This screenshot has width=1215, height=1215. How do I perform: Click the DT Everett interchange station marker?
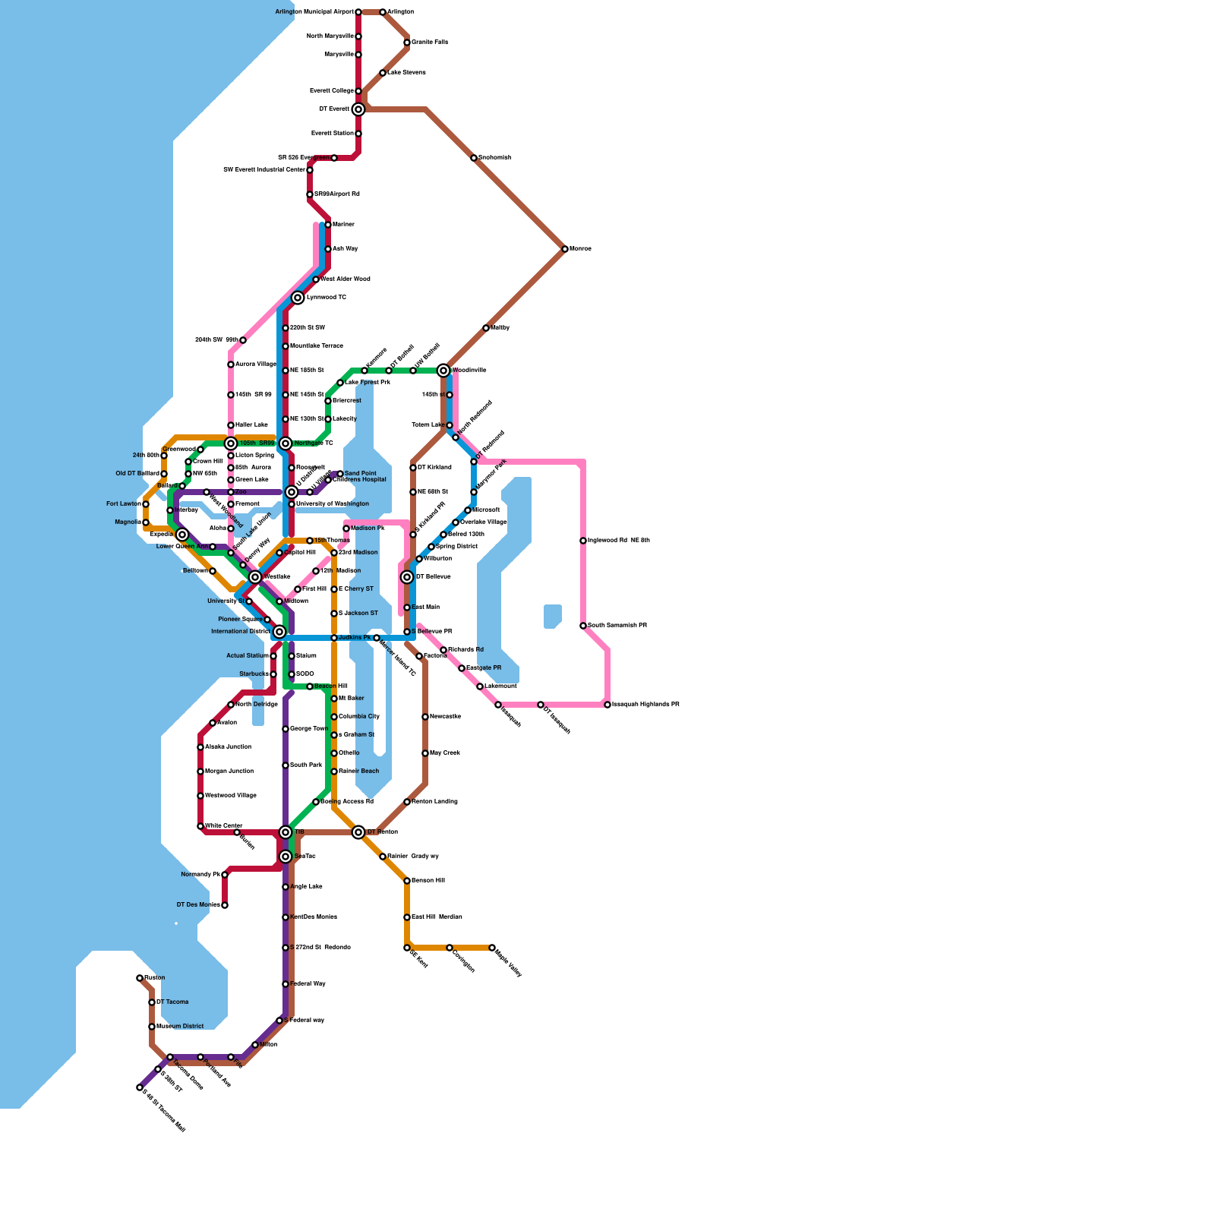tap(358, 109)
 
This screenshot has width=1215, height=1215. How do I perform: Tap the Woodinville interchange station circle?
tap(443, 371)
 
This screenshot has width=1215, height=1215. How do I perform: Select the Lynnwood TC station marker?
tap(298, 298)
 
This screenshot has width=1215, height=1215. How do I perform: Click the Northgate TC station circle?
tap(286, 443)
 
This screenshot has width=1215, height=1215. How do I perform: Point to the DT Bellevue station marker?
tap(407, 577)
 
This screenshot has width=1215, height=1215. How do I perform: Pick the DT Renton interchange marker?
tap(358, 832)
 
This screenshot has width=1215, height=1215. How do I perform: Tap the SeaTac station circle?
tap(286, 857)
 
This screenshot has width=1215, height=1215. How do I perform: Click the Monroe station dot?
tap(565, 249)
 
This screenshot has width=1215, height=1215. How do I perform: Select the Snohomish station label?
tap(494, 158)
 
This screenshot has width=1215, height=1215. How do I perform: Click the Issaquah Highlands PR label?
tap(645, 705)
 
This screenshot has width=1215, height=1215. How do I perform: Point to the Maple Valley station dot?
tap(492, 948)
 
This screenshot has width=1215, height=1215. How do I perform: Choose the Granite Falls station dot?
tap(407, 43)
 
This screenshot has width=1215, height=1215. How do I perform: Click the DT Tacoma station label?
tap(172, 1002)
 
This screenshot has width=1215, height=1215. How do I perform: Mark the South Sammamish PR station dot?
tap(583, 626)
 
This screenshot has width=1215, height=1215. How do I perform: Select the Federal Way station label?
tap(308, 984)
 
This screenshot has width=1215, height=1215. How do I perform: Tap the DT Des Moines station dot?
tap(225, 905)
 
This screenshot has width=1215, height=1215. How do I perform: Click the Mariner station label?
tap(343, 225)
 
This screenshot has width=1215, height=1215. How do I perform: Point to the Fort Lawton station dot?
tap(146, 504)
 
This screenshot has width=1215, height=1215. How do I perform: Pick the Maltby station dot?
tap(486, 328)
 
